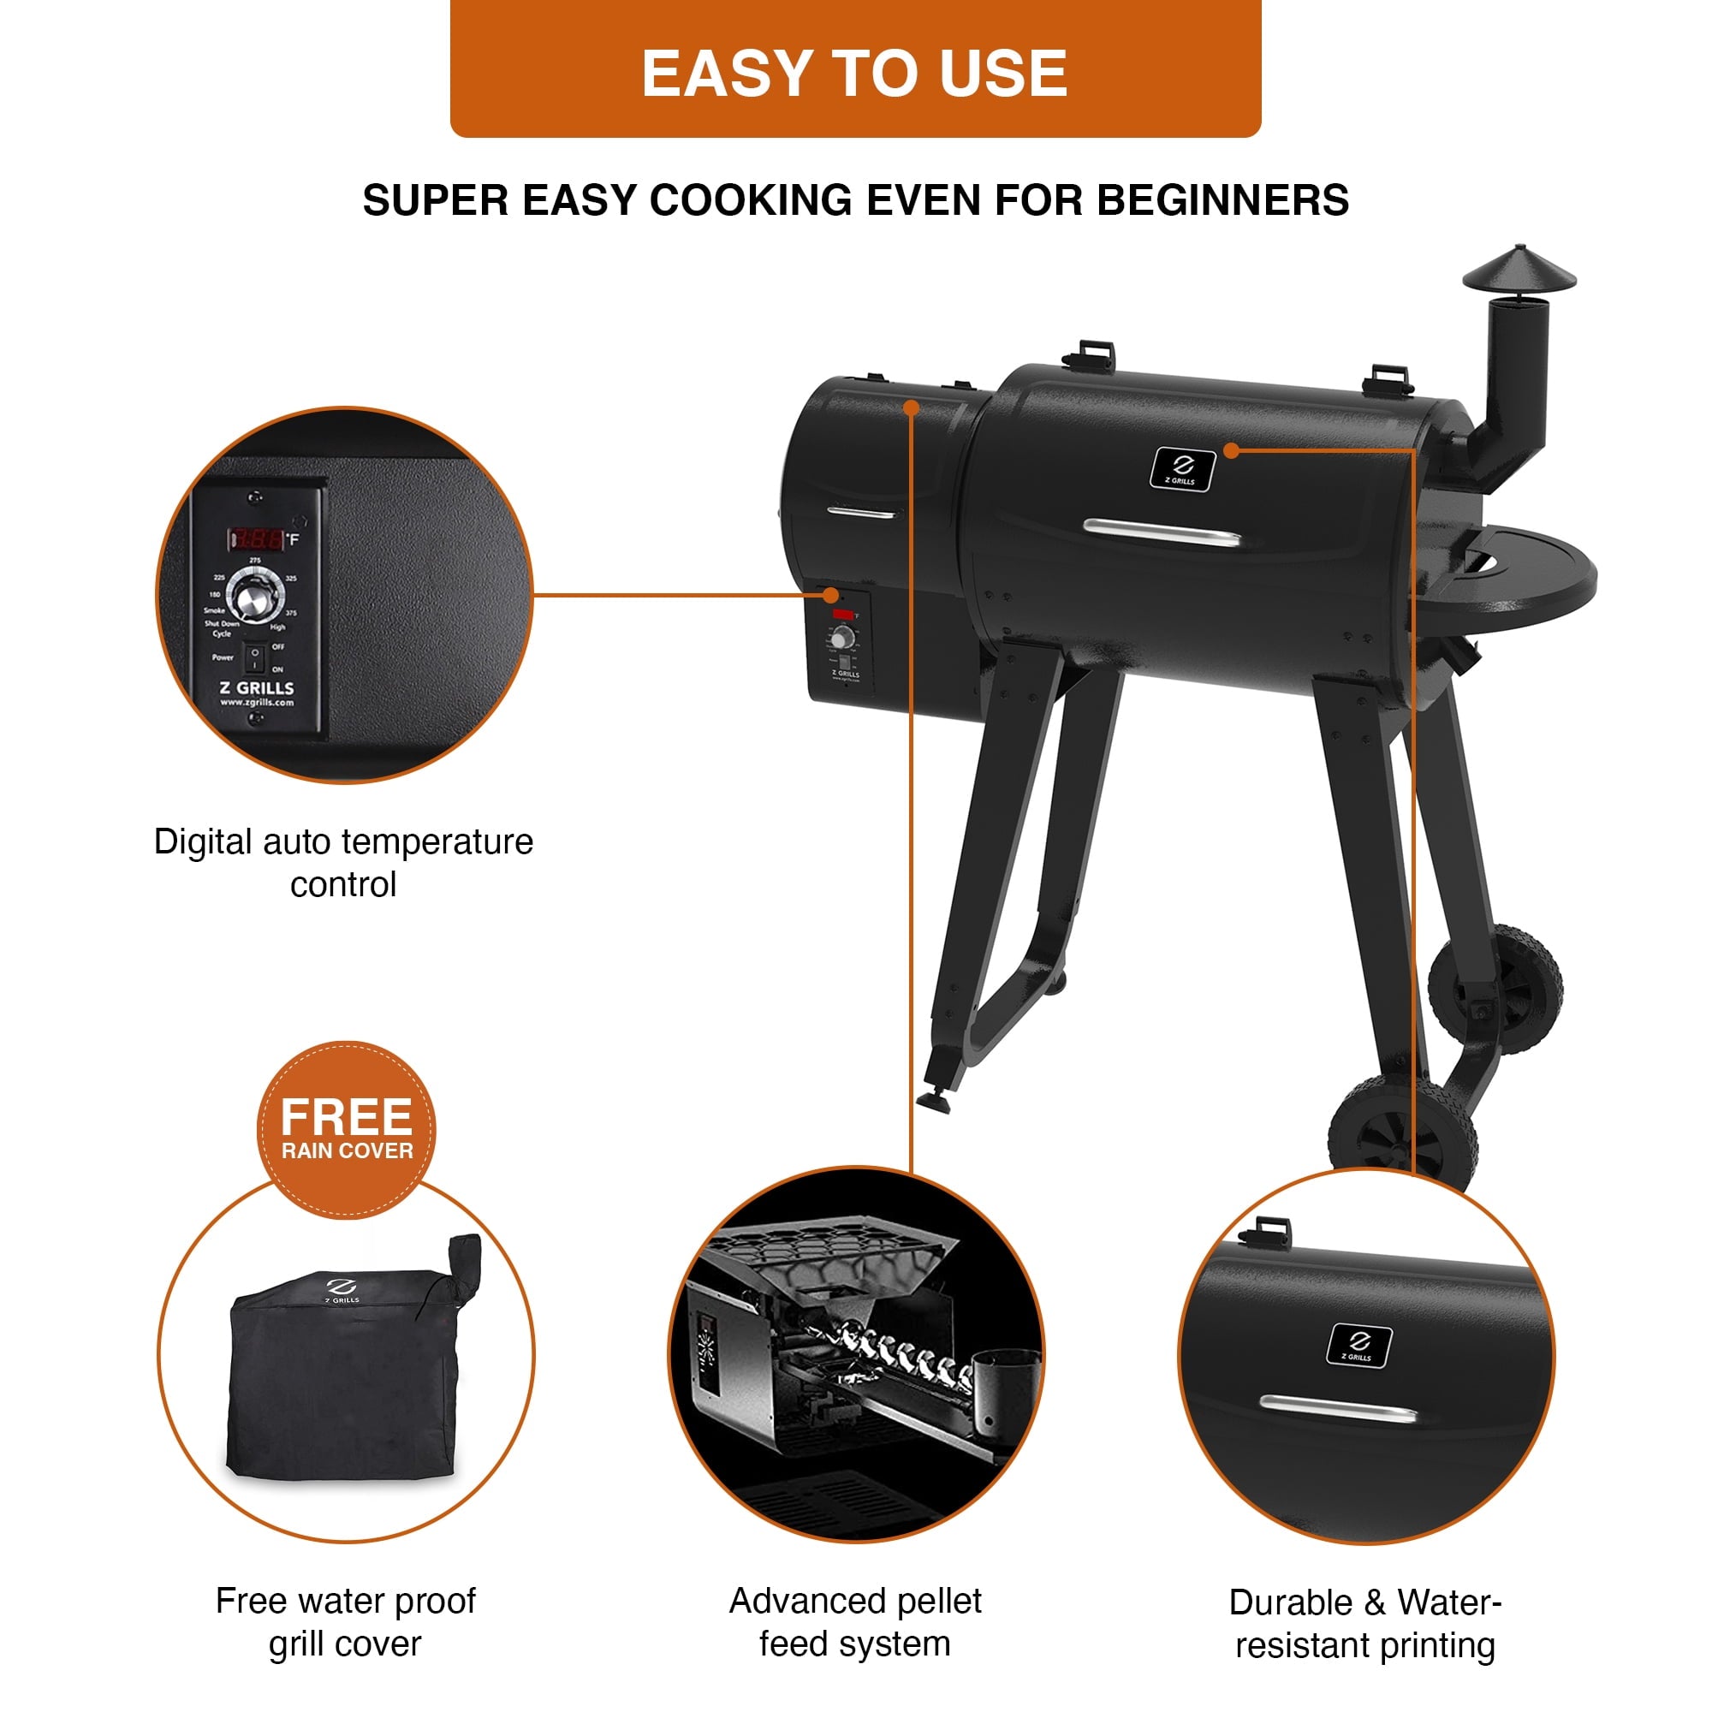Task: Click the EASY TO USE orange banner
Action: [855, 71]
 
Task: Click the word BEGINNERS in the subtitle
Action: [1223, 200]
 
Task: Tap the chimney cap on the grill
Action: [1519, 270]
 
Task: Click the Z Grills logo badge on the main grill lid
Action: [1182, 469]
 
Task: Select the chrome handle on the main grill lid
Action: [1162, 533]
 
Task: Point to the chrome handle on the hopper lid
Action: [861, 512]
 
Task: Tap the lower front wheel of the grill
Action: [1403, 1137]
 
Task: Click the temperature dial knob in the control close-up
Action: [256, 595]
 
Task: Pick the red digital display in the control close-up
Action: [258, 538]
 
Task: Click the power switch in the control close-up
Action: [254, 657]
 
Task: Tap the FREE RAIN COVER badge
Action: [347, 1130]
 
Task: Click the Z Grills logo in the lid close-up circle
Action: [1358, 1345]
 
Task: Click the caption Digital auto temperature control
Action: [344, 862]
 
